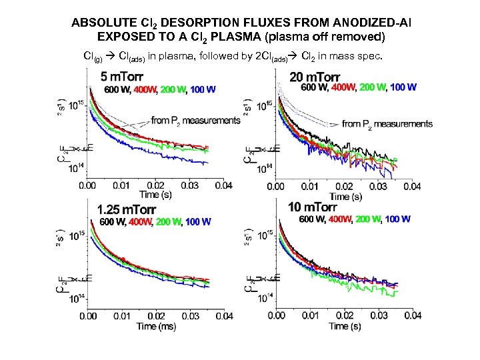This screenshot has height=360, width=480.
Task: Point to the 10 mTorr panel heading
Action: click(316, 207)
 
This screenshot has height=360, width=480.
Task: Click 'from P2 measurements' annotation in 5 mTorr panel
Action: click(195, 121)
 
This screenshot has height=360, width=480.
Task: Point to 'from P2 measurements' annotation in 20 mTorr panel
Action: click(387, 123)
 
